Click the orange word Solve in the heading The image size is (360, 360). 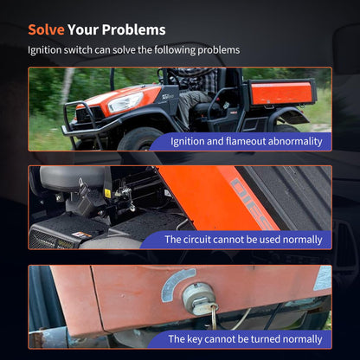46,29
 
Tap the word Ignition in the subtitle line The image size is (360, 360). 45,50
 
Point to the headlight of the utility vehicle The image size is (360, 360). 125,102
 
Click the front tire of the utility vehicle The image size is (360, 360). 141,139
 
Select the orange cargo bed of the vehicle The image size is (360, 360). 281,93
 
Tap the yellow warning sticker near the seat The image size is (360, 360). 107,193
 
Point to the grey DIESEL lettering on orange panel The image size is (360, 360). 251,203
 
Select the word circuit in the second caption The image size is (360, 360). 197,240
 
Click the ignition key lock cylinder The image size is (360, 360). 198,299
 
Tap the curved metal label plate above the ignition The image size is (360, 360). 177,284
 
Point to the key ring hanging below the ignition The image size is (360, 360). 214,318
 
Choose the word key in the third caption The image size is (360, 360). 195,339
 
